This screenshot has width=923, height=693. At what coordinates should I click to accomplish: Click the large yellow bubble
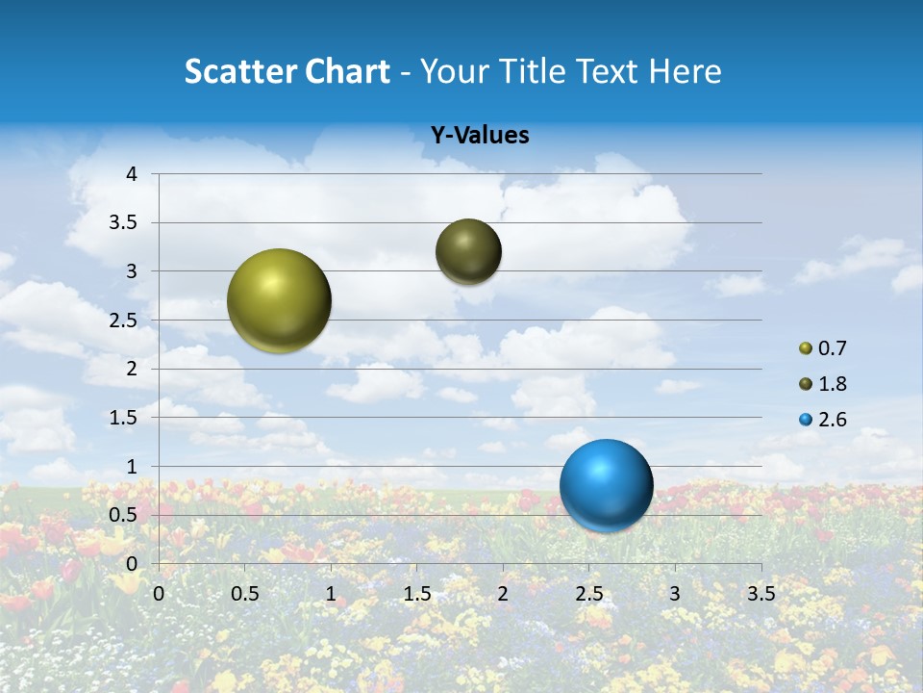(x=279, y=300)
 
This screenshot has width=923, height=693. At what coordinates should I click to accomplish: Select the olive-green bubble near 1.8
(x=468, y=252)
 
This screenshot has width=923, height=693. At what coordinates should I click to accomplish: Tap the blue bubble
(x=606, y=485)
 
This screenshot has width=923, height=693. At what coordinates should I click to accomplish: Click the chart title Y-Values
(x=479, y=136)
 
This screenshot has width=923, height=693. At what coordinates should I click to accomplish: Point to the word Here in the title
(x=685, y=71)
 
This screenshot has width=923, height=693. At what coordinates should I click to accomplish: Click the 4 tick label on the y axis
(x=132, y=174)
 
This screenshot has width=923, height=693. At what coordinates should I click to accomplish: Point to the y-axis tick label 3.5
(x=124, y=223)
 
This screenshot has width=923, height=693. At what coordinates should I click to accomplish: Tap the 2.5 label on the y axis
(x=124, y=321)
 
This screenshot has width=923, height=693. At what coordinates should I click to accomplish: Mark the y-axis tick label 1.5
(x=124, y=418)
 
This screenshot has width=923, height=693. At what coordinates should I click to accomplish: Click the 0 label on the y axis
(x=132, y=564)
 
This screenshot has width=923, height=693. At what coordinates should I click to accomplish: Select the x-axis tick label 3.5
(x=761, y=593)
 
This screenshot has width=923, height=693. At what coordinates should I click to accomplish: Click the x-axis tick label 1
(x=331, y=593)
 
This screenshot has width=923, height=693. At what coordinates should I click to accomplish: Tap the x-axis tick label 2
(x=503, y=593)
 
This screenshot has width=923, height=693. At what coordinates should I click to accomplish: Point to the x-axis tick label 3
(x=675, y=593)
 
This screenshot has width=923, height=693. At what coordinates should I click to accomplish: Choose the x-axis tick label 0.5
(x=244, y=593)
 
